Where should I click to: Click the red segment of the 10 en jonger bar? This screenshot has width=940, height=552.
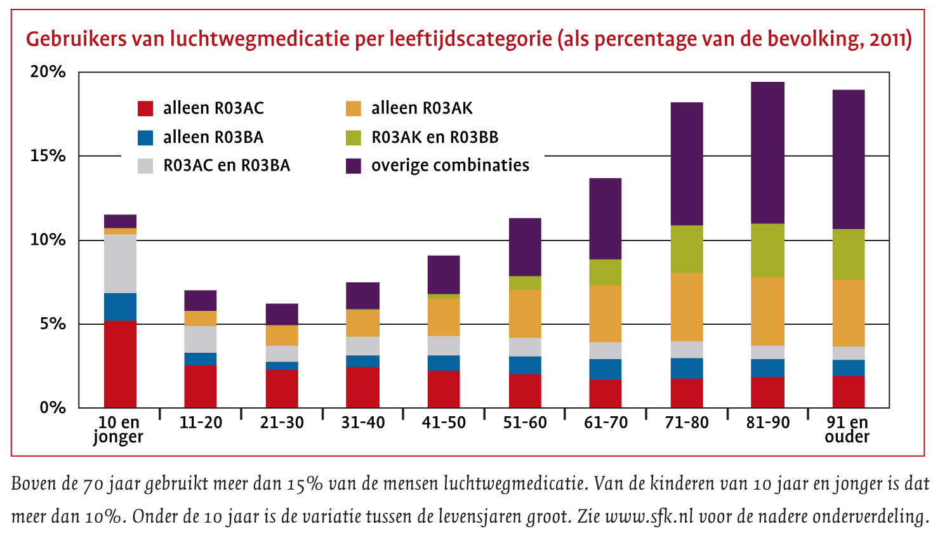click(x=120, y=364)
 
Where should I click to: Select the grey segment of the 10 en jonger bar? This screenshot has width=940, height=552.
click(x=120, y=263)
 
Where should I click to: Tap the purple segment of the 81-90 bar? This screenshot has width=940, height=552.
click(x=767, y=153)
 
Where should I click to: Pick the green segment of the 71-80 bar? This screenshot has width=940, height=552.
click(x=687, y=249)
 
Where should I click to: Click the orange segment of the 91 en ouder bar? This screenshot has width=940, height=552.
click(x=849, y=313)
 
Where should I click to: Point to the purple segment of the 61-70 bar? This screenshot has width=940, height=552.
click(x=606, y=219)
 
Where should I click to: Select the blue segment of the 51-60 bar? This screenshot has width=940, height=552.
click(x=525, y=365)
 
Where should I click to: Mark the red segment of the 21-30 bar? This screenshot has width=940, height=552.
click(x=282, y=388)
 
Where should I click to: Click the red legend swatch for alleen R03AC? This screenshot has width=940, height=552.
click(x=145, y=108)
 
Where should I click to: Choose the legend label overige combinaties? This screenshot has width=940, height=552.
click(x=450, y=166)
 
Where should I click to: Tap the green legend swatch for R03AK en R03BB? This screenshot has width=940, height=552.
click(x=354, y=138)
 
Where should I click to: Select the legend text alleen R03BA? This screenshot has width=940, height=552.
click(x=213, y=138)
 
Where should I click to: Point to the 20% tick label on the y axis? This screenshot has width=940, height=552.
click(x=48, y=72)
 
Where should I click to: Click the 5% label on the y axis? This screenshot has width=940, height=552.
click(x=53, y=324)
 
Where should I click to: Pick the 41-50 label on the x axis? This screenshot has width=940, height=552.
click(x=444, y=423)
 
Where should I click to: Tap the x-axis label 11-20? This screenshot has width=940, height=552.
click(x=201, y=423)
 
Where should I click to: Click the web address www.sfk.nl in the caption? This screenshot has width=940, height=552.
click(x=650, y=516)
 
